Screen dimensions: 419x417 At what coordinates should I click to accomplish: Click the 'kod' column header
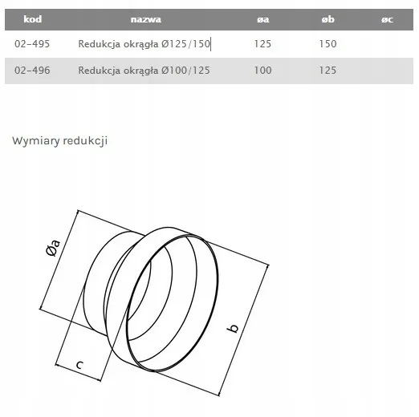coord(33,19)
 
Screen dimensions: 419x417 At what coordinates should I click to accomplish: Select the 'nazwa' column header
coord(146,19)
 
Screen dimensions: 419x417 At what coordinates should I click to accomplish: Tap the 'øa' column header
coord(263,19)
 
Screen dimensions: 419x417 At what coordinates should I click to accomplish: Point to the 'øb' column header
coord(328,19)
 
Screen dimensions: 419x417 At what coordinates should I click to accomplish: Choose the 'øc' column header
coord(387,19)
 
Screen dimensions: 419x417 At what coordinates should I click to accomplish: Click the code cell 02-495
coord(32,44)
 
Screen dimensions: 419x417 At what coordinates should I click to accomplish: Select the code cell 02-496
coord(32,71)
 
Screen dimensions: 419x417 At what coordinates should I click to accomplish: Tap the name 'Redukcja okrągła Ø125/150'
coord(144,44)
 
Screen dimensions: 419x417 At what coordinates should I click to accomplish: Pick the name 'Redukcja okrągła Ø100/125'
coord(144,71)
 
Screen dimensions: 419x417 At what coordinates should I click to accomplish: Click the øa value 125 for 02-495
coord(262,44)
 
